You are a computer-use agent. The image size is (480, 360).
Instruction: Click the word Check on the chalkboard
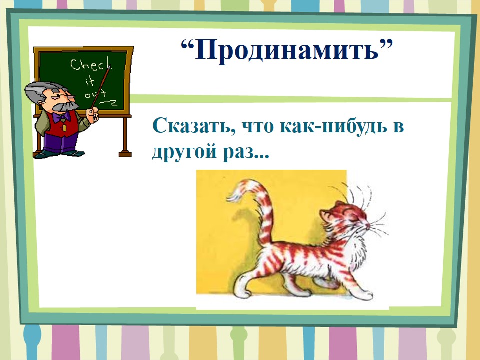tap(91, 65)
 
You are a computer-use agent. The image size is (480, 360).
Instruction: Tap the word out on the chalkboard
tap(95, 94)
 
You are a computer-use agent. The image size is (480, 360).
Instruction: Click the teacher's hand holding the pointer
tap(92, 114)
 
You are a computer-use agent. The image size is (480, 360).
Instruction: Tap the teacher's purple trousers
tap(59, 142)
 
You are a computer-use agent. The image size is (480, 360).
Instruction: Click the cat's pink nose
tap(367, 226)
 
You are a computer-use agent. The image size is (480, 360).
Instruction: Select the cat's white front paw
tap(364, 295)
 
